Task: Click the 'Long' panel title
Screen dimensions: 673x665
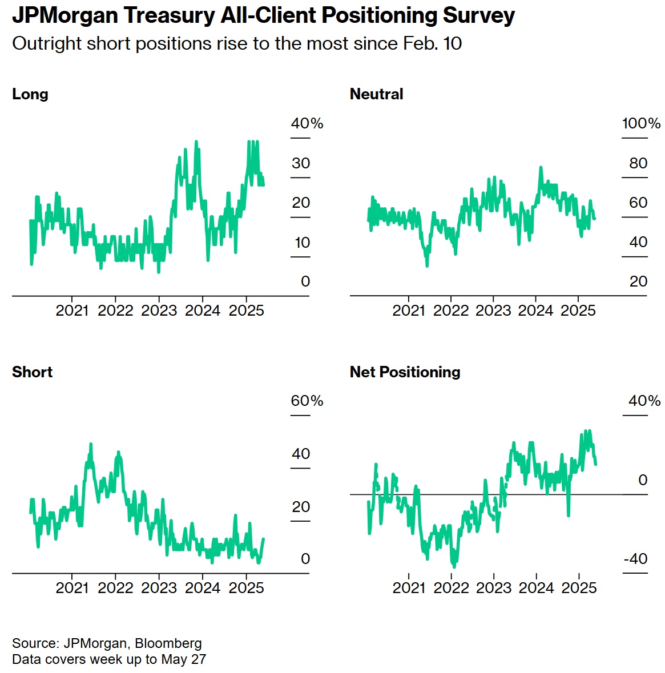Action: pos(30,94)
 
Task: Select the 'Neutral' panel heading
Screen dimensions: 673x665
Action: pos(376,94)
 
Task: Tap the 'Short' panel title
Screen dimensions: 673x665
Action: pos(32,372)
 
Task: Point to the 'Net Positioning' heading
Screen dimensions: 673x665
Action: pos(405,372)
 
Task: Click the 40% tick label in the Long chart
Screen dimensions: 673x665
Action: pos(307,123)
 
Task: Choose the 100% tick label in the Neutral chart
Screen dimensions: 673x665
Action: pos(641,123)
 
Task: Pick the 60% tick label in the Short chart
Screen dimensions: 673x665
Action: pos(307,401)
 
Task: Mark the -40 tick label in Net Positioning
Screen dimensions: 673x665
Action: pos(635,559)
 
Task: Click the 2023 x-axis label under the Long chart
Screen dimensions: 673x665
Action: pos(159,311)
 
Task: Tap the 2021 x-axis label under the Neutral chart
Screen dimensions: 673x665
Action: pos(409,311)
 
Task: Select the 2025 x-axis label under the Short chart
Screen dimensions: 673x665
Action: pos(246,588)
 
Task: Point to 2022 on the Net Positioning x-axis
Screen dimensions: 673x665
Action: pos(451,588)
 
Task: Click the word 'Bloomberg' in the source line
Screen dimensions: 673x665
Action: pos(168,643)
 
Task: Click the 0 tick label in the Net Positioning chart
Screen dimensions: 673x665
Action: pos(643,480)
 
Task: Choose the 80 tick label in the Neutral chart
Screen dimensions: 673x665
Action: pos(638,163)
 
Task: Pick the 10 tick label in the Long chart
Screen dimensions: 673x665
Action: pos(302,243)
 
